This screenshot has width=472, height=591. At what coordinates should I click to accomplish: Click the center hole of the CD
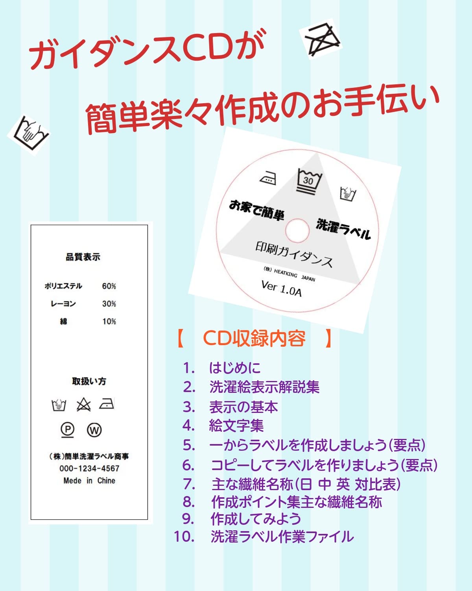pyautogui.click(x=297, y=230)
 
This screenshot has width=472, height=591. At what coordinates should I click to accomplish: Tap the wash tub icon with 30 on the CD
pyautogui.click(x=309, y=181)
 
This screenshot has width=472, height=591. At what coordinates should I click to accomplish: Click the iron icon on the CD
pyautogui.click(x=268, y=178)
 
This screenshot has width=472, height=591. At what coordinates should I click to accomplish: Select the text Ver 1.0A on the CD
pyautogui.click(x=282, y=288)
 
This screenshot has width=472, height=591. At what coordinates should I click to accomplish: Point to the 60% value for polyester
pyautogui.click(x=109, y=286)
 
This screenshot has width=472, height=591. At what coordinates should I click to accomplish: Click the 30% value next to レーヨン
pyautogui.click(x=109, y=304)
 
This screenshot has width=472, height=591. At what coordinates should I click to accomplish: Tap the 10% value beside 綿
pyautogui.click(x=109, y=322)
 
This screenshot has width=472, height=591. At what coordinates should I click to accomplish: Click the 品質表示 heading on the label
pyautogui.click(x=83, y=257)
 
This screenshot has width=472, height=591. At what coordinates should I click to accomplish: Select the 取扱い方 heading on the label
pyautogui.click(x=89, y=381)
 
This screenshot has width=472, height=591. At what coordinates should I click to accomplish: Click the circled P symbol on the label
pyautogui.click(x=68, y=429)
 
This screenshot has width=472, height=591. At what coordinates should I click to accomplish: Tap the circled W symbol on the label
pyautogui.click(x=94, y=429)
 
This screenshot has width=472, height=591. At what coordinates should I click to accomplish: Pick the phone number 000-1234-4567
pyautogui.click(x=89, y=468)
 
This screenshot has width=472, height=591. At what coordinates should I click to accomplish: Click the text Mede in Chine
pyautogui.click(x=89, y=481)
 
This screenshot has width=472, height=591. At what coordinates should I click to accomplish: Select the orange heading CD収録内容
pyautogui.click(x=254, y=338)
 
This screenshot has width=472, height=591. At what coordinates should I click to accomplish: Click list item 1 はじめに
pyautogui.click(x=235, y=368)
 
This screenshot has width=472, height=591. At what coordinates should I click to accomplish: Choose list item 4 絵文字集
pyautogui.click(x=236, y=426)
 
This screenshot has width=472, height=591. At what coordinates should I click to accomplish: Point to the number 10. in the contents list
pyautogui.click(x=184, y=537)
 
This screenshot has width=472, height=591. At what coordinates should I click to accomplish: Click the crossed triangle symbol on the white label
pyautogui.click(x=83, y=405)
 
